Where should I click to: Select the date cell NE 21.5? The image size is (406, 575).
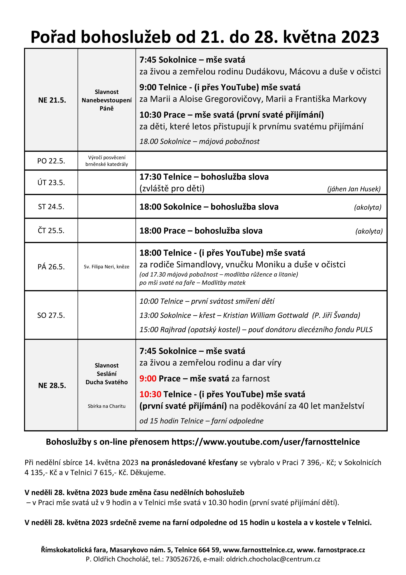52,100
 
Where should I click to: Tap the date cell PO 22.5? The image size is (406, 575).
51,161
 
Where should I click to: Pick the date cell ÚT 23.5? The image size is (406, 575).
51,183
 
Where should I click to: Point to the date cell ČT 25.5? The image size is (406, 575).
51,230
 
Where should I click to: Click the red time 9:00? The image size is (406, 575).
148,378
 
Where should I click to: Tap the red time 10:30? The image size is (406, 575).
150,394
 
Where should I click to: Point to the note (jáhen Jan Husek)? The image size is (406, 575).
354,189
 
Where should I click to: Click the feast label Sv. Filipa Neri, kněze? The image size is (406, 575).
107,267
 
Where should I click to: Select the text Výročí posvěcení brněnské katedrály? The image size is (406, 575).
107,161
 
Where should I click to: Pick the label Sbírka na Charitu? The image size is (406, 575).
107,406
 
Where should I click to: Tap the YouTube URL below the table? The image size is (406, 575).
265,442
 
